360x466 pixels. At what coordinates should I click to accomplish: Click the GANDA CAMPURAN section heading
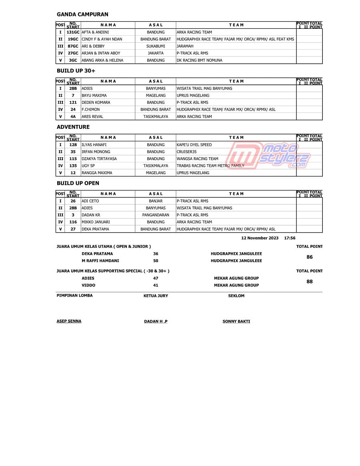click(82, 14)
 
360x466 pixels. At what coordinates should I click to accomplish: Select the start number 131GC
click(73, 32)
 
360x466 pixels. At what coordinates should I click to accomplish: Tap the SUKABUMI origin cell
click(156, 46)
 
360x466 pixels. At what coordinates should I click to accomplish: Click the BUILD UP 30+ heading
click(76, 71)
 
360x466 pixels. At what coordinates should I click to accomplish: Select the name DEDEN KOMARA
click(96, 102)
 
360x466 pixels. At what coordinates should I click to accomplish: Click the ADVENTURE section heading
click(73, 127)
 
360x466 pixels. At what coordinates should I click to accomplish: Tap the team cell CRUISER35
click(186, 152)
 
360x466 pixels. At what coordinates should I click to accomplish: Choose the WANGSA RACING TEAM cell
click(197, 159)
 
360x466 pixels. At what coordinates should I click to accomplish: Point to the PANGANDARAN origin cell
click(156, 215)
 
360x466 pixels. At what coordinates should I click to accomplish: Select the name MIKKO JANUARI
click(96, 222)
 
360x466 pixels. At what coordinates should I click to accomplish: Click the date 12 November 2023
click(260, 238)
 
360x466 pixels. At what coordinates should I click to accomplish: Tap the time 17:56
click(290, 238)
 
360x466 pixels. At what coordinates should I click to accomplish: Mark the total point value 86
click(309, 257)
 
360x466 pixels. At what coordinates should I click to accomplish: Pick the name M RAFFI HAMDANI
click(100, 261)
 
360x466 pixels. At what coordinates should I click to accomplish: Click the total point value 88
click(309, 281)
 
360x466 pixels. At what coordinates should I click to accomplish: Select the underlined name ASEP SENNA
click(69, 321)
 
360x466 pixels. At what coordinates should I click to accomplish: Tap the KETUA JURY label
click(156, 296)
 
